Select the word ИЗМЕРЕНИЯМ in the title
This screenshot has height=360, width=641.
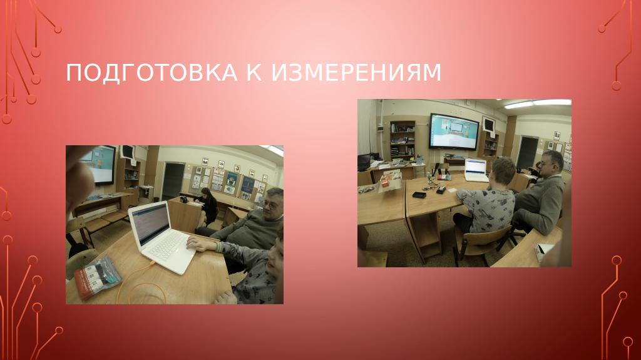(x=356, y=73)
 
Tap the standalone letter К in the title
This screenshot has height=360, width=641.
(x=254, y=73)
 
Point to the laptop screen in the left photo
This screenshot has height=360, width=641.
(x=150, y=224)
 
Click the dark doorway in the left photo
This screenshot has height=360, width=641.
(x=173, y=180)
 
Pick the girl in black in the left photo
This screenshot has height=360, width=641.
(x=208, y=206)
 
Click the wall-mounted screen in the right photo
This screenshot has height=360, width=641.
(x=453, y=131)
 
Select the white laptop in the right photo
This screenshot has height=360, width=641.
(x=476, y=170)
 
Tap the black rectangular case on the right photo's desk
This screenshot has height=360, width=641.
(x=419, y=195)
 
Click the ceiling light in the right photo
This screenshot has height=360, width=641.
(x=538, y=103)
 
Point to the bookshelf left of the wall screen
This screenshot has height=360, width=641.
(x=403, y=140)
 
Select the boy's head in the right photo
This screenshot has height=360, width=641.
(x=503, y=170)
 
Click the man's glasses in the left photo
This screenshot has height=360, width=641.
(x=270, y=206)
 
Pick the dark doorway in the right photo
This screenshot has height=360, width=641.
(x=528, y=152)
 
